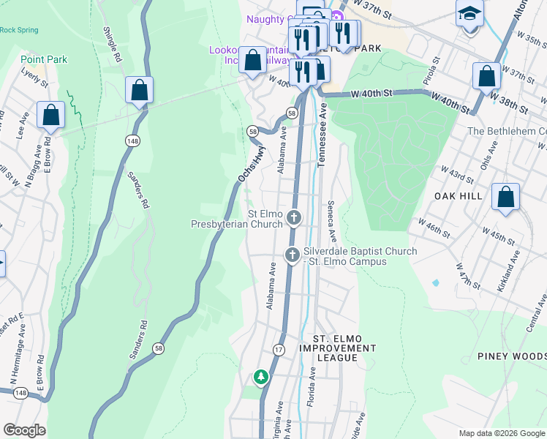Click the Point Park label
(44, 59)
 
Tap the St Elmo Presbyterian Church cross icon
(293, 217)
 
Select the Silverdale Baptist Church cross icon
(292, 255)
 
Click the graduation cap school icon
(469, 15)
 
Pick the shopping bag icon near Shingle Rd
(139, 91)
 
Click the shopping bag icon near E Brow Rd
(50, 115)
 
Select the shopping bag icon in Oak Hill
(505, 197)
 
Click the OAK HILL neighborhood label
(458, 196)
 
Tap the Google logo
(24, 430)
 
